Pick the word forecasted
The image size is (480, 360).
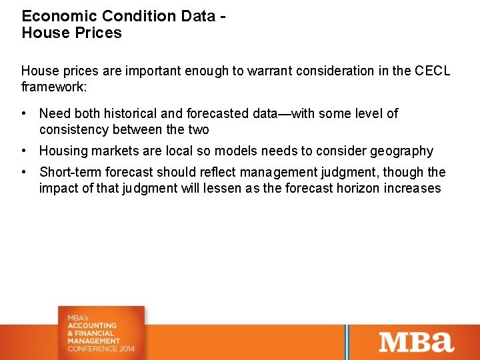pyautogui.click(x=211, y=114)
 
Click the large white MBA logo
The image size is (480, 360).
pyautogui.click(x=417, y=341)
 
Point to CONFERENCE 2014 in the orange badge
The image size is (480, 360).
pyautogui.click(x=101, y=349)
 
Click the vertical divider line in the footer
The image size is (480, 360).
pyautogui.click(x=345, y=341)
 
